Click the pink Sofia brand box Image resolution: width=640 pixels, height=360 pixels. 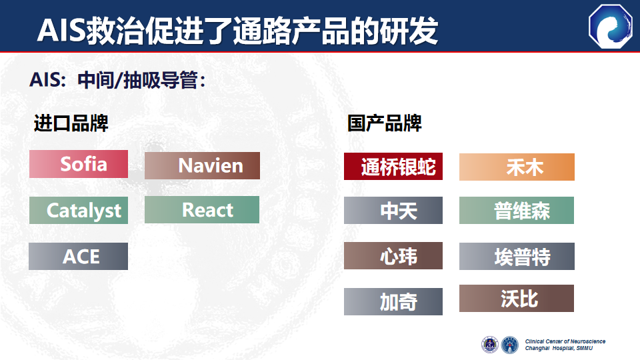79,164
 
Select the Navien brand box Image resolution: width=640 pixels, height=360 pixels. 202,166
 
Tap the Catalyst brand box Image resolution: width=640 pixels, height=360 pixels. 79,210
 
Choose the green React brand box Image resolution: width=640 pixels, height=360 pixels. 201,210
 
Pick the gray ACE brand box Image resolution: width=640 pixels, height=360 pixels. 78,256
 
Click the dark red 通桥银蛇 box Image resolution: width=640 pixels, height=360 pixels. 393,167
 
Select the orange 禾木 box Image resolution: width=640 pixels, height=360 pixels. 517,167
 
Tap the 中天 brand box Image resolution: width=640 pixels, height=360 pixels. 393,210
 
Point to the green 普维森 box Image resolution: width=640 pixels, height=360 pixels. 516,210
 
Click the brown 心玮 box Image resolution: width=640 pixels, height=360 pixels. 393,255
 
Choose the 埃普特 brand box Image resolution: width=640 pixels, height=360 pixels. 517,256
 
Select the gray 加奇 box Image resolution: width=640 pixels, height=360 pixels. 393,301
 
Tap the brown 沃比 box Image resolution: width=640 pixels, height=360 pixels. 516,299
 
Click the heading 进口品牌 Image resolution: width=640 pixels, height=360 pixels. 71,123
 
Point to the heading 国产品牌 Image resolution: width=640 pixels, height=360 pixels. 385,123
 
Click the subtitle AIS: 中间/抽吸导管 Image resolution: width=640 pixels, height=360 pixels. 117,80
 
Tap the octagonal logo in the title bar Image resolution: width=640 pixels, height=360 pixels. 611,27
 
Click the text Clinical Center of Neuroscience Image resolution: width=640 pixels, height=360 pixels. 565,341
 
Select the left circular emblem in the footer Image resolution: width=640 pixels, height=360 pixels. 490,345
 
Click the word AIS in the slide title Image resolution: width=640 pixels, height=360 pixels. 61,31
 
